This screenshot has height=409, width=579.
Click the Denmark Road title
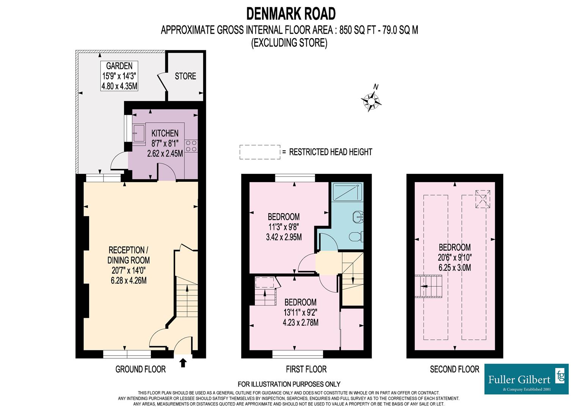(291, 14)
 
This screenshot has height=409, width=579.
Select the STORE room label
(185, 76)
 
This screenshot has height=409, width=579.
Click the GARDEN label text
(119, 66)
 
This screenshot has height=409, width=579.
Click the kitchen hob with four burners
(191, 146)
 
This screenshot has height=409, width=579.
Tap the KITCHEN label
(165, 133)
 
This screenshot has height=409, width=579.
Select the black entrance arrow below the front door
(183, 362)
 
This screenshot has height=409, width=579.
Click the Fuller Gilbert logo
(526, 379)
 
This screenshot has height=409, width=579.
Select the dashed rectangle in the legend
(260, 152)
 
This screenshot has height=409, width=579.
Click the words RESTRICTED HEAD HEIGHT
(331, 152)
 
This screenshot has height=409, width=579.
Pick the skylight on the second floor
(482, 200)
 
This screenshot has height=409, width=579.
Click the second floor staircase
(429, 287)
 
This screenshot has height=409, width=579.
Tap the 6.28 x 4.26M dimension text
(129, 281)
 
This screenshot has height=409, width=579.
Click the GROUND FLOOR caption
(140, 369)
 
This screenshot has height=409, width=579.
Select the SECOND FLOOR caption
(454, 369)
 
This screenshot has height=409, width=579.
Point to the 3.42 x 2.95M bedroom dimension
(284, 237)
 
